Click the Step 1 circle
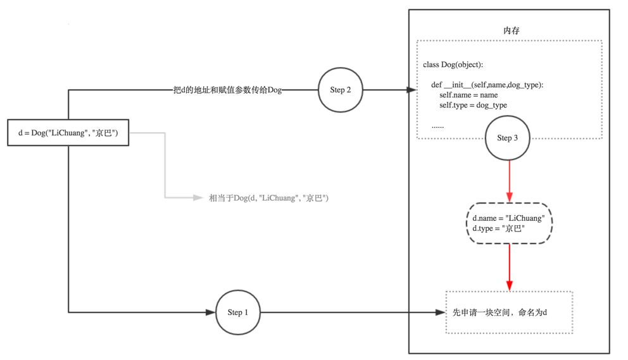(x=237, y=312)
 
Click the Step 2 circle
(x=341, y=90)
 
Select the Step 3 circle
(x=507, y=138)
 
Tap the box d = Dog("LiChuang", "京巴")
(x=68, y=133)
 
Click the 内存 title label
(x=511, y=30)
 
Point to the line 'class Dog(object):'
(x=453, y=65)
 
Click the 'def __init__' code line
(x=487, y=85)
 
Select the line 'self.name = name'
(x=468, y=95)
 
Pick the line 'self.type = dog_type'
(x=473, y=105)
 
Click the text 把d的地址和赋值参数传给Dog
(x=227, y=90)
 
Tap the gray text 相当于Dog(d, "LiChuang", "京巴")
(x=268, y=198)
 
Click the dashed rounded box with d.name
(x=509, y=223)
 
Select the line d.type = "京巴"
(x=498, y=228)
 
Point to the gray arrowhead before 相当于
(x=198, y=198)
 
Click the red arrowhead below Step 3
(x=510, y=197)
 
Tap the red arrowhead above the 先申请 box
(x=510, y=285)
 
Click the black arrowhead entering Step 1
(x=211, y=312)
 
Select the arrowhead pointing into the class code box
(x=411, y=90)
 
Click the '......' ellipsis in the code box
(x=438, y=126)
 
